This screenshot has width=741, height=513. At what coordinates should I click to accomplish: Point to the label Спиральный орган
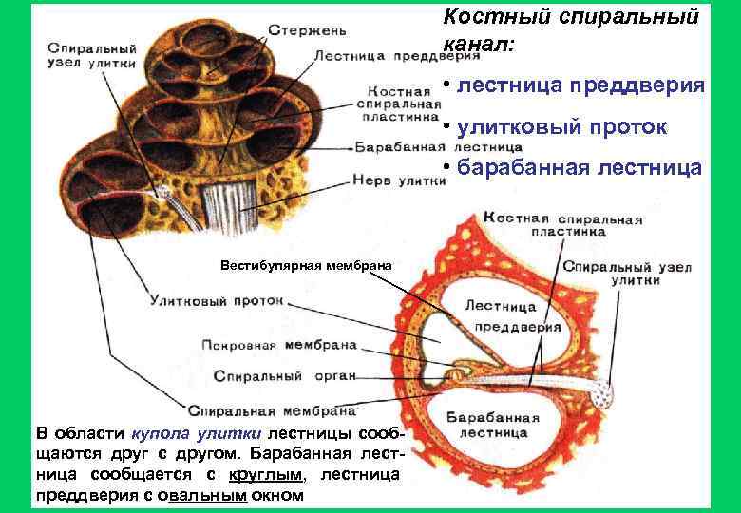(284, 376)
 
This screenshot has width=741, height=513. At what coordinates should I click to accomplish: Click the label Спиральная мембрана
(272, 411)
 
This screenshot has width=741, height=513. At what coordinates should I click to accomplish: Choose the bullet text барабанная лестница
(579, 168)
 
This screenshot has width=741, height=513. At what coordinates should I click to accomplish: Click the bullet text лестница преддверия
(580, 85)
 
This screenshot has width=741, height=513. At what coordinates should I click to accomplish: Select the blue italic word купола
(163, 432)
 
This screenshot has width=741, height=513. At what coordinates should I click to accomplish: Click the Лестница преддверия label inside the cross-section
(501, 316)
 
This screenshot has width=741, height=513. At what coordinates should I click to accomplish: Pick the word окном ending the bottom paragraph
(278, 495)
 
